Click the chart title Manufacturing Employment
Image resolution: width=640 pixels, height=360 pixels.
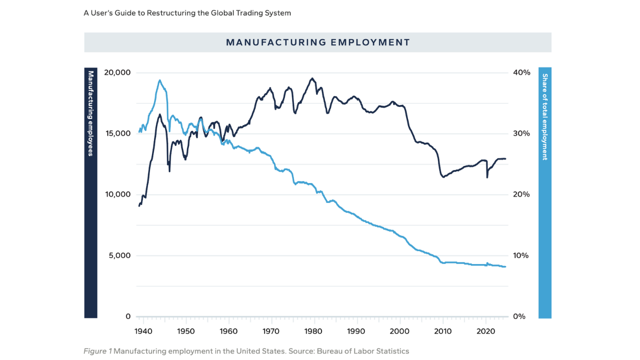pyautogui.click(x=318, y=42)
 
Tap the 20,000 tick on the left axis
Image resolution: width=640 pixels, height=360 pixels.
pyautogui.click(x=117, y=72)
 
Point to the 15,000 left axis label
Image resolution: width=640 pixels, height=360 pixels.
pyautogui.click(x=117, y=133)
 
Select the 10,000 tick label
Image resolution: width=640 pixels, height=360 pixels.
pyautogui.click(x=117, y=194)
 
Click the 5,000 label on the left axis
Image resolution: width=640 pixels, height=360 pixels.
pyautogui.click(x=119, y=255)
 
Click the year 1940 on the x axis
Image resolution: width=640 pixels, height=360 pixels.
pyautogui.click(x=143, y=331)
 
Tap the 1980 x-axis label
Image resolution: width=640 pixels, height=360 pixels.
pyautogui.click(x=313, y=331)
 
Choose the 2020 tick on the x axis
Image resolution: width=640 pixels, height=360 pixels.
pyautogui.click(x=485, y=331)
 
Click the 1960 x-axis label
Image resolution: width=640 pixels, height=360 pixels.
pyautogui.click(x=228, y=331)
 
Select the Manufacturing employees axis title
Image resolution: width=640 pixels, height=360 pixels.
pyautogui.click(x=90, y=113)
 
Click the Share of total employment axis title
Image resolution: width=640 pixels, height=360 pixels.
pyautogui.click(x=545, y=117)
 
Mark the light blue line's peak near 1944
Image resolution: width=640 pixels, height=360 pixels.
pyautogui.click(x=159, y=80)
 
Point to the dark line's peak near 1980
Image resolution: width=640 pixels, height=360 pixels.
pyautogui.click(x=312, y=78)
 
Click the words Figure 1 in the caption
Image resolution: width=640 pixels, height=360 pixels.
pyautogui.click(x=97, y=351)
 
